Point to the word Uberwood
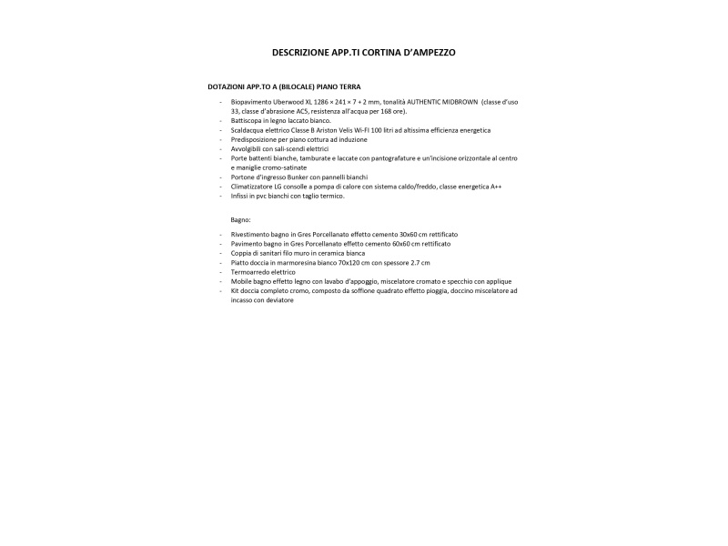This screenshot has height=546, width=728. [289, 102]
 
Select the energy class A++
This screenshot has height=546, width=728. [496, 186]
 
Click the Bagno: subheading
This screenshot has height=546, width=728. [240, 219]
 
